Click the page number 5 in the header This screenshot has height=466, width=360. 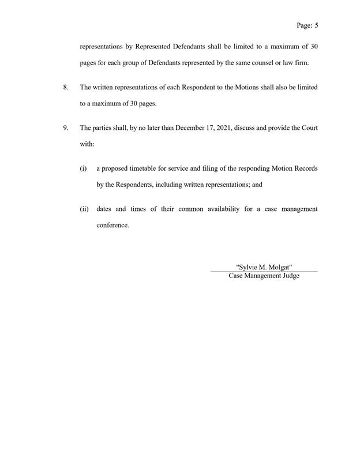point(317,25)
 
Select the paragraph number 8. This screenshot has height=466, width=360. point(65,87)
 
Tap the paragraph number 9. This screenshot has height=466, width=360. point(65,127)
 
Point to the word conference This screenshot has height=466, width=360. point(113,226)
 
